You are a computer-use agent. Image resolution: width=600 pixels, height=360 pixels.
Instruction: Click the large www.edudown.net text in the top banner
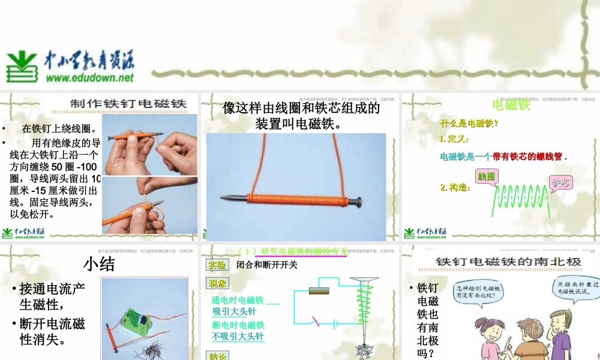point(89,77)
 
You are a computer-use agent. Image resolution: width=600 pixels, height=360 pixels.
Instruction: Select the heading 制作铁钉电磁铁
point(128,103)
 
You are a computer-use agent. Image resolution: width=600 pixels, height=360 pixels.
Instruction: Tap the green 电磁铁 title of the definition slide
point(511,105)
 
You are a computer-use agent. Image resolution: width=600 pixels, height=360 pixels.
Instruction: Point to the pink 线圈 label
point(486,177)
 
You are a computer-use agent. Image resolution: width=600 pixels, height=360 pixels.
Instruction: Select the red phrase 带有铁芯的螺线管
point(527,157)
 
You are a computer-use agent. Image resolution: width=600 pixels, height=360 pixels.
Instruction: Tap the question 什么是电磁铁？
point(469,124)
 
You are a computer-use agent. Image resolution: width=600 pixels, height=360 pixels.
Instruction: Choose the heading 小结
point(99,265)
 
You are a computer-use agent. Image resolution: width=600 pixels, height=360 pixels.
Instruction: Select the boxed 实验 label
point(217,265)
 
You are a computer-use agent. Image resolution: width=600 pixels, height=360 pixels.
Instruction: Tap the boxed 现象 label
point(217,283)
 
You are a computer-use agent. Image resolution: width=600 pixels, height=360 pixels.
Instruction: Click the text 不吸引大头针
point(238,337)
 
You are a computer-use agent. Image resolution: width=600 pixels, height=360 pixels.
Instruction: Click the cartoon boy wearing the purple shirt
point(562,336)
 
